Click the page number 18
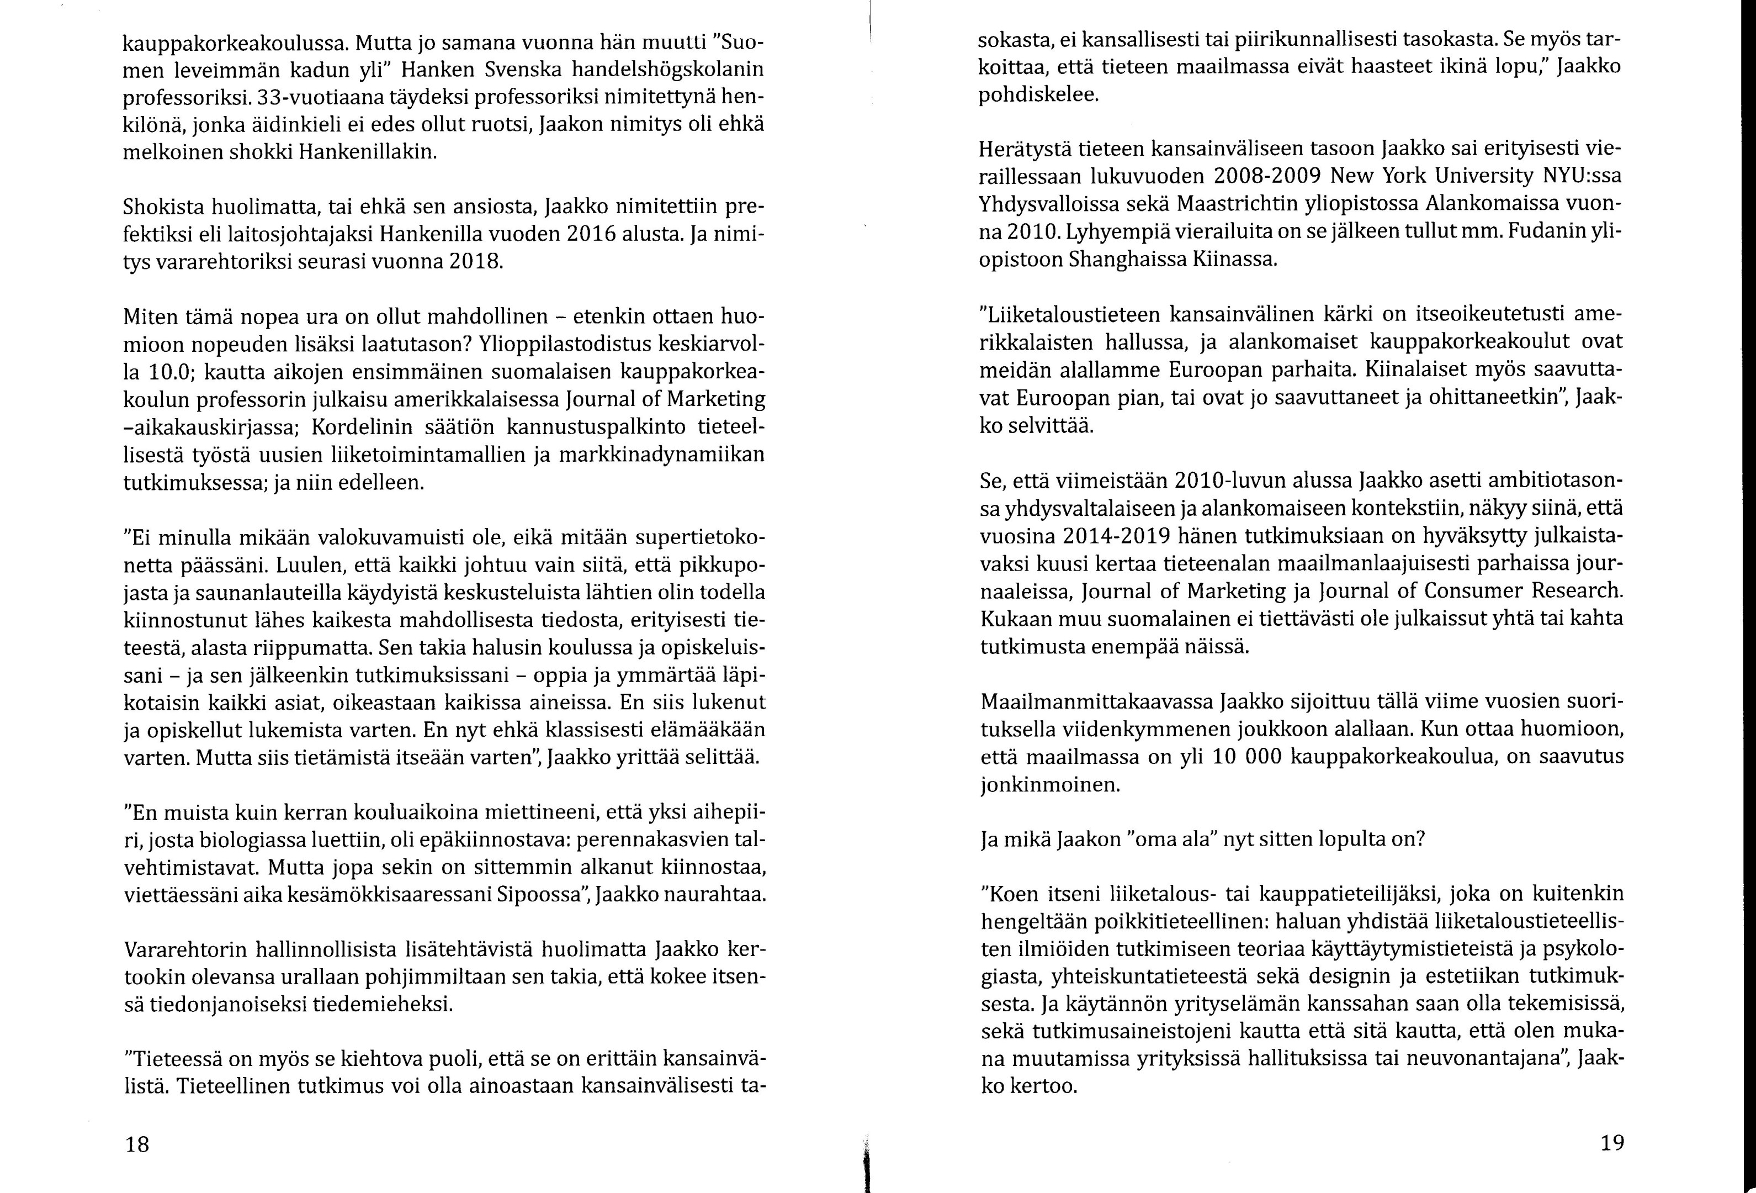tap(137, 1144)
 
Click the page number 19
tap(1612, 1142)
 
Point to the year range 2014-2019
tap(1117, 535)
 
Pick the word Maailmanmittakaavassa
tap(1096, 701)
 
